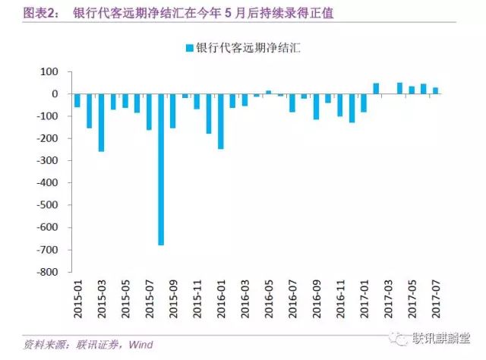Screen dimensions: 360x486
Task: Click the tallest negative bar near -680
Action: click(x=161, y=169)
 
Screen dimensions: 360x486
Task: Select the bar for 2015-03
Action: click(x=101, y=122)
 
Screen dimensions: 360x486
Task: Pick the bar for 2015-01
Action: click(x=77, y=100)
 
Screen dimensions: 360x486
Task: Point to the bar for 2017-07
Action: click(x=436, y=90)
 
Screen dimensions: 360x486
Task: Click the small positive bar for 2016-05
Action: click(x=268, y=92)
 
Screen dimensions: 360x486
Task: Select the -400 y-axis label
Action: click(x=49, y=183)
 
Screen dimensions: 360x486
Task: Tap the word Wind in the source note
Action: click(x=140, y=345)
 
